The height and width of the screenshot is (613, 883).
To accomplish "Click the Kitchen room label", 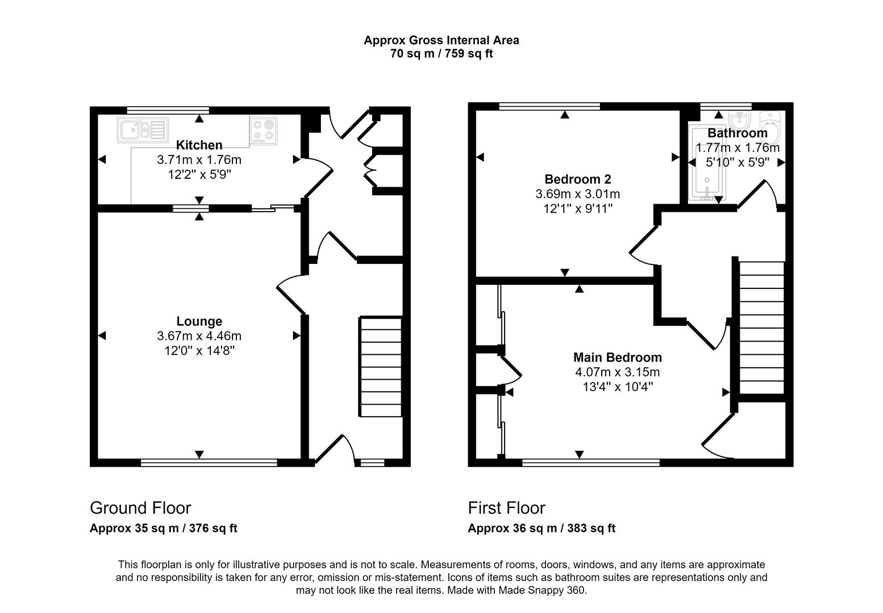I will (x=199, y=145).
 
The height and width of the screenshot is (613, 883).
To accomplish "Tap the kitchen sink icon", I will (x=142, y=130).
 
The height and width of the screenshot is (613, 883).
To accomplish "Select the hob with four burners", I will (x=264, y=129).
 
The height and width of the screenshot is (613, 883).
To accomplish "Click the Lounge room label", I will (x=199, y=321).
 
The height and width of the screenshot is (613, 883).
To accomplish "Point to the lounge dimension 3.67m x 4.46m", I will (x=199, y=336).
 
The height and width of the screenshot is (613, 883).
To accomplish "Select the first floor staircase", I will (x=761, y=328).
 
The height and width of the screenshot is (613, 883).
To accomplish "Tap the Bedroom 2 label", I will (x=577, y=179).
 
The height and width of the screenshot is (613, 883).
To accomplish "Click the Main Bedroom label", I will (x=617, y=358).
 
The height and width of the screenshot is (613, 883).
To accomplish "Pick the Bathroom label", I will (x=737, y=133).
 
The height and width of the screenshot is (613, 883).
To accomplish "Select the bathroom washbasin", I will (x=740, y=120).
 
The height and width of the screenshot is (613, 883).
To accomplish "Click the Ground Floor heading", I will (x=140, y=507).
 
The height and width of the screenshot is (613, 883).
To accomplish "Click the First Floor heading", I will (x=506, y=507).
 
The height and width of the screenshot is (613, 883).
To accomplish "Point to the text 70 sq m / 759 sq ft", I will (x=441, y=54).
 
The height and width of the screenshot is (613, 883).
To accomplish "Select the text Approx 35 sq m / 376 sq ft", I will (x=163, y=528).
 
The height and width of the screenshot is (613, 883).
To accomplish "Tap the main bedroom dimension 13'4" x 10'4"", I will (x=617, y=387).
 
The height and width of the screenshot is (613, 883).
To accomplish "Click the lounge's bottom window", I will (x=209, y=463).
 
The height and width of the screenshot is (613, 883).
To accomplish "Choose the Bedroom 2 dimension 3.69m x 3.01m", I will (x=577, y=194).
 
